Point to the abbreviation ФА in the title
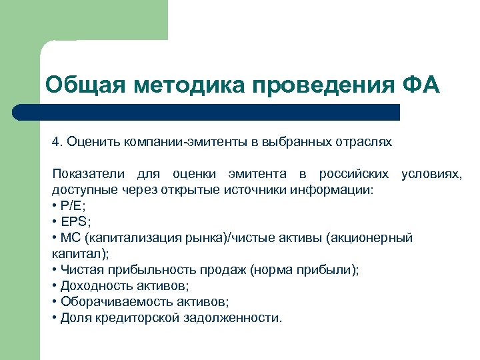click(422, 86)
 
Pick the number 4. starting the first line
click(57, 142)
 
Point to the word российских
click(353, 174)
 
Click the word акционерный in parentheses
click(373, 238)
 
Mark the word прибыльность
click(137, 270)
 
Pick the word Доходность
click(89, 286)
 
